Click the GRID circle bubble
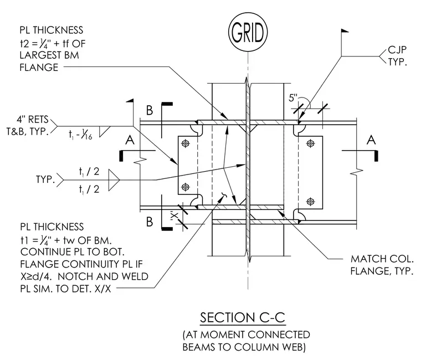[x=248, y=33]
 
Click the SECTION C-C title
[x=243, y=317]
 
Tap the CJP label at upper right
[x=397, y=50]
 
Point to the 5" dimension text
[x=294, y=97]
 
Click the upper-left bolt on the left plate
[x=185, y=143]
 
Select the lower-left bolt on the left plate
[x=185, y=187]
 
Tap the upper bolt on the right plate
[x=311, y=143]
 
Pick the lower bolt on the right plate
[x=311, y=201]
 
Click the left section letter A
[x=130, y=140]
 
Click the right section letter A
[x=371, y=140]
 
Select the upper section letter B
[x=150, y=110]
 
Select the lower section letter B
[x=150, y=222]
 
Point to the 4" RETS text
[x=33, y=119]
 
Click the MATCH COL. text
[x=382, y=259]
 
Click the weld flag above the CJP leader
[x=345, y=31]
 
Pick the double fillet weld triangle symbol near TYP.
[x=114, y=180]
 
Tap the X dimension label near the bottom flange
[x=174, y=215]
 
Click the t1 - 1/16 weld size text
[x=80, y=135]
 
